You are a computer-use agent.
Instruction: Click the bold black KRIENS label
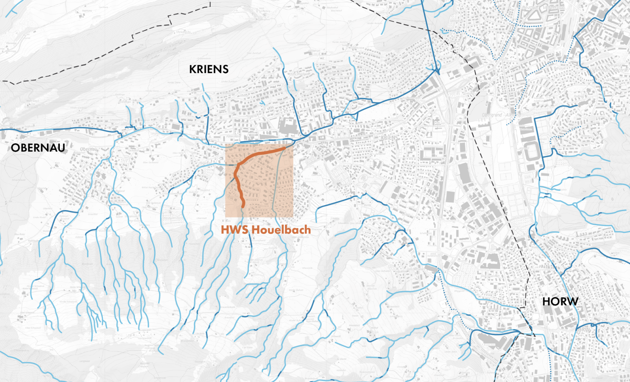(209, 69)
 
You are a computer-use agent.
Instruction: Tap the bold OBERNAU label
(38, 148)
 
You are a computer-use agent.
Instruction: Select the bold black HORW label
(560, 301)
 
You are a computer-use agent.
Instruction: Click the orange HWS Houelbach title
(266, 230)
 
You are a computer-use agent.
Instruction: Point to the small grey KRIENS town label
(389, 138)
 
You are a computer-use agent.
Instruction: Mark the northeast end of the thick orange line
(284, 148)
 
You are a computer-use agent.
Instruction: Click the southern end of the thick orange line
(243, 206)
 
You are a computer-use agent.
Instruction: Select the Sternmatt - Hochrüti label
(610, 70)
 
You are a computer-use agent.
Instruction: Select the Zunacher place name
(380, 154)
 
